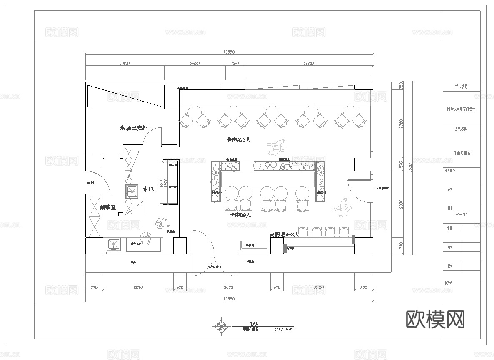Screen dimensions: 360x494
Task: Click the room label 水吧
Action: pyautogui.click(x=148, y=189)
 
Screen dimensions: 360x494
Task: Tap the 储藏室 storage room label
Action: pyautogui.click(x=108, y=207)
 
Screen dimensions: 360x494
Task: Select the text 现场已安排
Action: pyautogui.click(x=134, y=128)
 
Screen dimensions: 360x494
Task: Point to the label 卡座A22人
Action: pyautogui.click(x=238, y=140)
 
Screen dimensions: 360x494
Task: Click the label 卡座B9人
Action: pyautogui.click(x=241, y=215)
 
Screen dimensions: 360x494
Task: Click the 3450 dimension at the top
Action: pyautogui.click(x=125, y=64)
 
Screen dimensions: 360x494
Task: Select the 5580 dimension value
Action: pyautogui.click(x=308, y=64)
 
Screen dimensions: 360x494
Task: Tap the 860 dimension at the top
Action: pyautogui.click(x=235, y=64)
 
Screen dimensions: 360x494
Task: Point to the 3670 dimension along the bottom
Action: pyautogui.click(x=228, y=288)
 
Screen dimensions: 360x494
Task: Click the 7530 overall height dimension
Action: pyautogui.click(x=410, y=168)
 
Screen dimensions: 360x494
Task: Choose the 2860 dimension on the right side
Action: pyautogui.click(x=401, y=124)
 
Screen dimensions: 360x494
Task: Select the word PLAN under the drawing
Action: pyautogui.click(x=253, y=323)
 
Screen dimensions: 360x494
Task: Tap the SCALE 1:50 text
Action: pyautogui.click(x=284, y=329)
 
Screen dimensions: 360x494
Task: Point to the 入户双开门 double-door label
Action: pyautogui.click(x=214, y=267)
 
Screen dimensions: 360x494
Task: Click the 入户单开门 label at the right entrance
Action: pyautogui.click(x=382, y=189)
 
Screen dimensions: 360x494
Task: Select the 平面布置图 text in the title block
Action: pyautogui.click(x=462, y=153)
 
